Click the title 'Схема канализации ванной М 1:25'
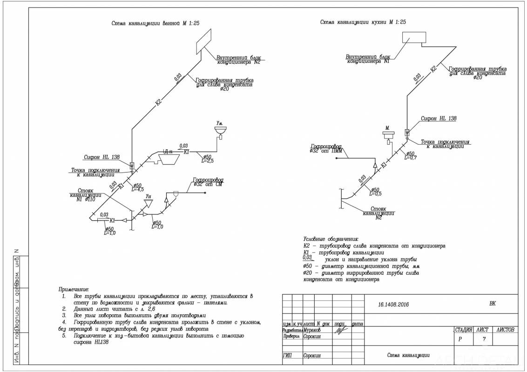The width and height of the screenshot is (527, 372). (155, 23)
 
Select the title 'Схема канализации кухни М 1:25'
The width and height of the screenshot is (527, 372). (363, 22)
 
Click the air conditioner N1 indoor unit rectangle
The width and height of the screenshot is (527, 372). (414, 38)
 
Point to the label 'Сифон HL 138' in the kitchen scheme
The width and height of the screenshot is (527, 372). (439, 119)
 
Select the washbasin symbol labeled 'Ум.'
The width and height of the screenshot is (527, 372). (220, 130)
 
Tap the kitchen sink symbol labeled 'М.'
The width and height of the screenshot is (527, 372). (387, 135)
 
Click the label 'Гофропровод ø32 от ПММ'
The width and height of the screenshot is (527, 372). (329, 148)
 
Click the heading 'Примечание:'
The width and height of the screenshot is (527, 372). (73, 289)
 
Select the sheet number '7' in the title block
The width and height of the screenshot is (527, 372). (485, 339)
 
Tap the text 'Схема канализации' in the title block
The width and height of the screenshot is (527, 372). (408, 356)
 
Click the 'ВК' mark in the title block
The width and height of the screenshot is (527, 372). (493, 304)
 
